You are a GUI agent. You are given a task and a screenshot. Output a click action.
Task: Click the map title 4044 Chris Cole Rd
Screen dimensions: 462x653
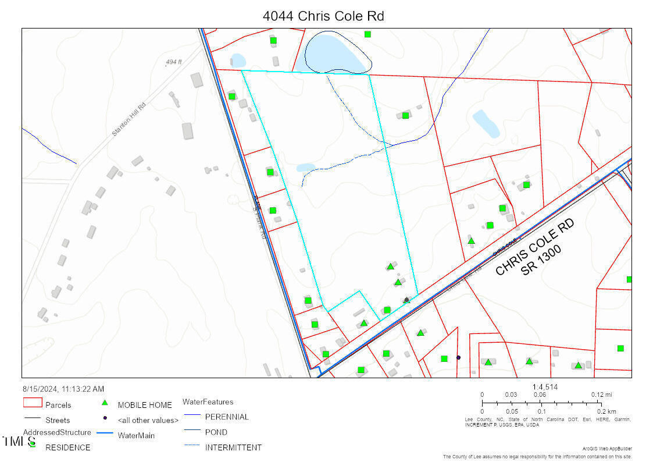323,16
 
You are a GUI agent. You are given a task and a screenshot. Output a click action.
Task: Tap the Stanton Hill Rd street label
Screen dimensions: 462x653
129,119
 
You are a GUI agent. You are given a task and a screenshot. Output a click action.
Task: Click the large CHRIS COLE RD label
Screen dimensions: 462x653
535,247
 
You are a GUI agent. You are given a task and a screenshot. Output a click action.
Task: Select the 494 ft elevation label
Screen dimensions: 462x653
173,62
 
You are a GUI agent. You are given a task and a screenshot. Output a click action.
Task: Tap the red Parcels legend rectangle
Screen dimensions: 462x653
33,403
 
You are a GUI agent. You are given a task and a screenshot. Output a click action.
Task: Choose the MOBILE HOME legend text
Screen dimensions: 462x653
145,405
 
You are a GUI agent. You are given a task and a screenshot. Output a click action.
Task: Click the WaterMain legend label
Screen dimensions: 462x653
136,435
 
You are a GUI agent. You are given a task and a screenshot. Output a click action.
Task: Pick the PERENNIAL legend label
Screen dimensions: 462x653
227,417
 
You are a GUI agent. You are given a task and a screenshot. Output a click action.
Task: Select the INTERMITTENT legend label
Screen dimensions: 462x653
233,447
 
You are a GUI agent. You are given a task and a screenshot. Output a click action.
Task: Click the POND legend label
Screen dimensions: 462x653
216,432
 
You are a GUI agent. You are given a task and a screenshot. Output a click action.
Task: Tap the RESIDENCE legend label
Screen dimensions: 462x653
68,447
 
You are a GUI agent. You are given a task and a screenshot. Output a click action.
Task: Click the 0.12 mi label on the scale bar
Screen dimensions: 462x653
602,395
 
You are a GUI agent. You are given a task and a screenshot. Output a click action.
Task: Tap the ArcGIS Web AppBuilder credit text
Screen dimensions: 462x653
606,449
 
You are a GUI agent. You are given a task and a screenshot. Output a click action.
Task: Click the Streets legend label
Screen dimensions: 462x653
58,420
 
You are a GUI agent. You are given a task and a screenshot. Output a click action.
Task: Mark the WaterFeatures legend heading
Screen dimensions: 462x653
208,402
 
